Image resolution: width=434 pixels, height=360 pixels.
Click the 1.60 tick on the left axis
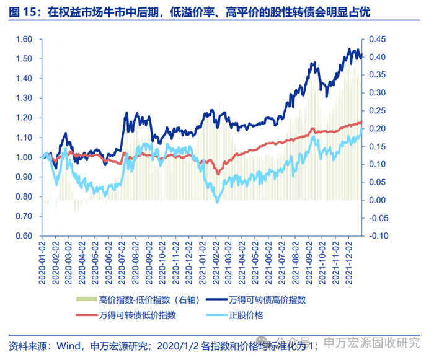pyautogui.click(x=24, y=39)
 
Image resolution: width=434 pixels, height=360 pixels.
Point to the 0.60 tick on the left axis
pyautogui.click(x=24, y=235)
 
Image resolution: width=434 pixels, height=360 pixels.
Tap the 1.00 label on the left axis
pyautogui.click(x=24, y=157)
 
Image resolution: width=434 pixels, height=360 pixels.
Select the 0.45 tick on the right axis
pyautogui.click(x=377, y=39)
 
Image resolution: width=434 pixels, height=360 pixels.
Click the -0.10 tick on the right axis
pyautogui.click(x=379, y=235)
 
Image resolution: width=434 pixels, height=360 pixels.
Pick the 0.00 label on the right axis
pyautogui.click(x=377, y=200)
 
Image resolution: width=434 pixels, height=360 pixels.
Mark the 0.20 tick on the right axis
pyautogui.click(x=377, y=129)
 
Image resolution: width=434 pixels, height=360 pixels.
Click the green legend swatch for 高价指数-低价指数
pyautogui.click(x=87, y=299)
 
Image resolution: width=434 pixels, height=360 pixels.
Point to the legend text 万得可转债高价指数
pyautogui.click(x=267, y=300)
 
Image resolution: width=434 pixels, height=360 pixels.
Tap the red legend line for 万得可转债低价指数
pyautogui.click(x=87, y=315)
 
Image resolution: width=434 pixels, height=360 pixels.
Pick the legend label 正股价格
pyautogui.click(x=246, y=315)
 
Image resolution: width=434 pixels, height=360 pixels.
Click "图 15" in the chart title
pyautogui.click(x=23, y=12)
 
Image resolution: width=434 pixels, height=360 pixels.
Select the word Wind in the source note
pyautogui.click(x=68, y=346)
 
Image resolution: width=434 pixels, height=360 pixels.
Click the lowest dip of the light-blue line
pyautogui.click(x=217, y=202)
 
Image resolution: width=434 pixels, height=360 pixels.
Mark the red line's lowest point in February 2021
pyautogui.click(x=218, y=173)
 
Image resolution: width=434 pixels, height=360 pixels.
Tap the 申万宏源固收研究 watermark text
pyautogui.click(x=372, y=343)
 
